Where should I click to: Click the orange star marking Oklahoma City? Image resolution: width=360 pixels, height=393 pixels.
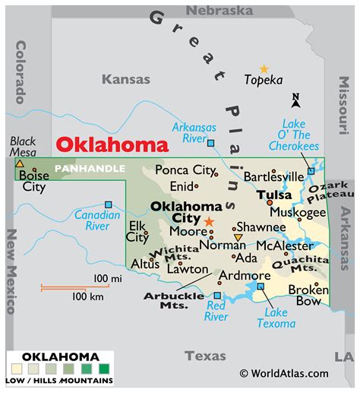209,221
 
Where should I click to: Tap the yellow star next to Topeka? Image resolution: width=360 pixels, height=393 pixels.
264,69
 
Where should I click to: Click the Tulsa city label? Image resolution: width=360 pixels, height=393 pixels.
274,195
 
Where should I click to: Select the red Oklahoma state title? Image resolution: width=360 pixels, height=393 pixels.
112,145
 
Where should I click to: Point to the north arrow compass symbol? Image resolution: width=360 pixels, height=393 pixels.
296,99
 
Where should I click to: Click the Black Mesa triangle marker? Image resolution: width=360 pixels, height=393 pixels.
19,163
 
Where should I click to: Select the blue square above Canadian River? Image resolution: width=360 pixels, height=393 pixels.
109,204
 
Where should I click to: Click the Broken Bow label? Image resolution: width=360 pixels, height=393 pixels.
308,296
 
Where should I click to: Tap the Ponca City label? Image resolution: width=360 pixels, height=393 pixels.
186,170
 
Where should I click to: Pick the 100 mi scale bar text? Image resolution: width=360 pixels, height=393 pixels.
108,278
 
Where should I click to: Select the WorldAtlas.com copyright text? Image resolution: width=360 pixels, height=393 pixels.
283,373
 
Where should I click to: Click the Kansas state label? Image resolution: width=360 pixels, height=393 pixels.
126,78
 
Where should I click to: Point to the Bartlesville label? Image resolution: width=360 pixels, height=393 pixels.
273,176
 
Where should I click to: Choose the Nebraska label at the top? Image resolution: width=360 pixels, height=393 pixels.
219,11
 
